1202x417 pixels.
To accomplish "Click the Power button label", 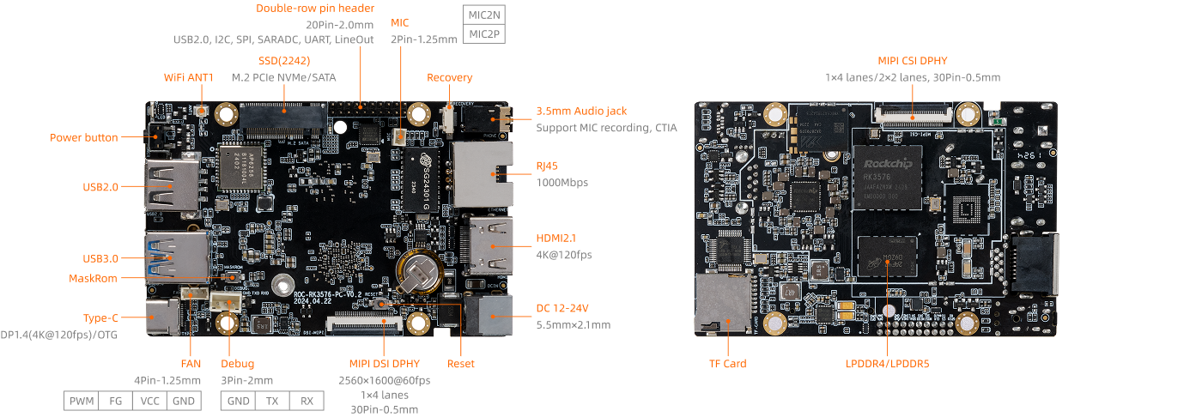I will pos(83,137).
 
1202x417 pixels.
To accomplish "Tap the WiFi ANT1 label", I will pos(188,77).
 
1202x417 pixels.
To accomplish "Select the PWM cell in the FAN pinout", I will pos(81,401).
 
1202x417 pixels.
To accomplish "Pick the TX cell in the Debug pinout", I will pos(271,401).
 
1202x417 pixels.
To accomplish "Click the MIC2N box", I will pos(483,15).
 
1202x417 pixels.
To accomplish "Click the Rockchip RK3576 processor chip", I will pos(887,180).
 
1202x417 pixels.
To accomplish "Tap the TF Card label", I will pos(727,364).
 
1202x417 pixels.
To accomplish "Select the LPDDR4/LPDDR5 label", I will pos(887,364).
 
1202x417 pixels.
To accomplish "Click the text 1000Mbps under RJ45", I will pos(562,182).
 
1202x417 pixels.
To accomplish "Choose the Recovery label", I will pos(449,77).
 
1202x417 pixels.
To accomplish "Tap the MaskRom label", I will pos(94,278).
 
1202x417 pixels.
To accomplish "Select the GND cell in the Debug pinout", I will pos(238,401).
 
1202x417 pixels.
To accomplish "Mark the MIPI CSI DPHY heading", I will pos(912,60).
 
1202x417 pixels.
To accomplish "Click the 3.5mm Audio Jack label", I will pos(581,111).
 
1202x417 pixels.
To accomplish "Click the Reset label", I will pos(460,364).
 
